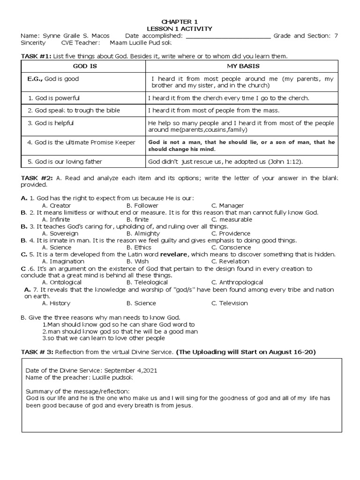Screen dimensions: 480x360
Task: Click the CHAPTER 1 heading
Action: [x=180, y=22]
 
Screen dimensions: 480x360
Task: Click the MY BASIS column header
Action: [x=243, y=67]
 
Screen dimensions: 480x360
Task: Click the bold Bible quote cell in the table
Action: [x=241, y=145]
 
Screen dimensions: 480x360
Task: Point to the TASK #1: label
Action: [x=37, y=56]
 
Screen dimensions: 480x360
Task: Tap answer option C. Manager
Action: [x=227, y=205]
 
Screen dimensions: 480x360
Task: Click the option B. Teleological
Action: [x=147, y=282]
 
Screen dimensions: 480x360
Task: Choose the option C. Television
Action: [x=229, y=303]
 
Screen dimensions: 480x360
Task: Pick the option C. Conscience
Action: [x=231, y=247]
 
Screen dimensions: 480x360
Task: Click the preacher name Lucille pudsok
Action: [x=111, y=377]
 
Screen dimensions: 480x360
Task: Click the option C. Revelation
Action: [x=230, y=261]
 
